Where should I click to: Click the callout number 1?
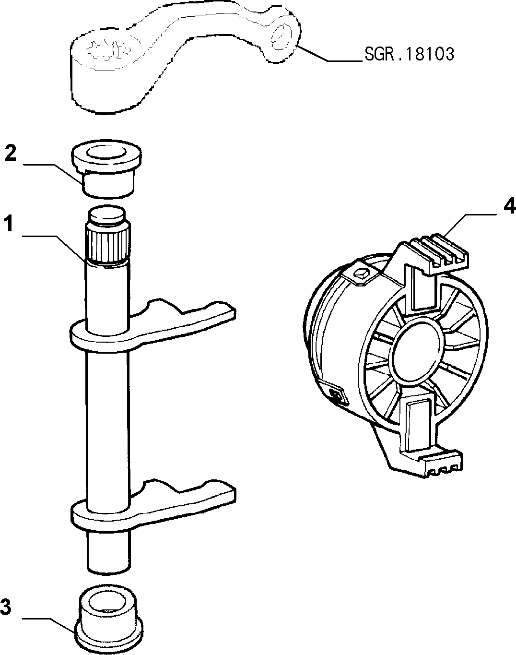[9, 223]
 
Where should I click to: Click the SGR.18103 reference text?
[409, 54]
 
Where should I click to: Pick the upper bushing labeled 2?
[106, 168]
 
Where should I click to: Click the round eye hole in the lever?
[281, 37]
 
